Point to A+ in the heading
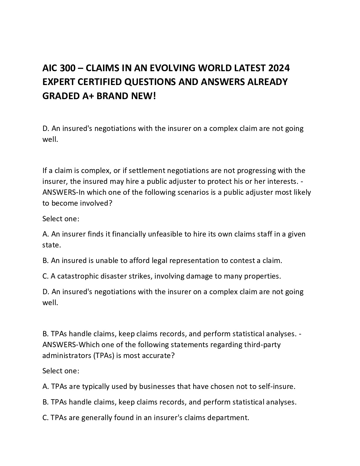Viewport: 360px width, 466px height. pos(86,96)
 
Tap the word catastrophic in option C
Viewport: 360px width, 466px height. pos(78,276)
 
